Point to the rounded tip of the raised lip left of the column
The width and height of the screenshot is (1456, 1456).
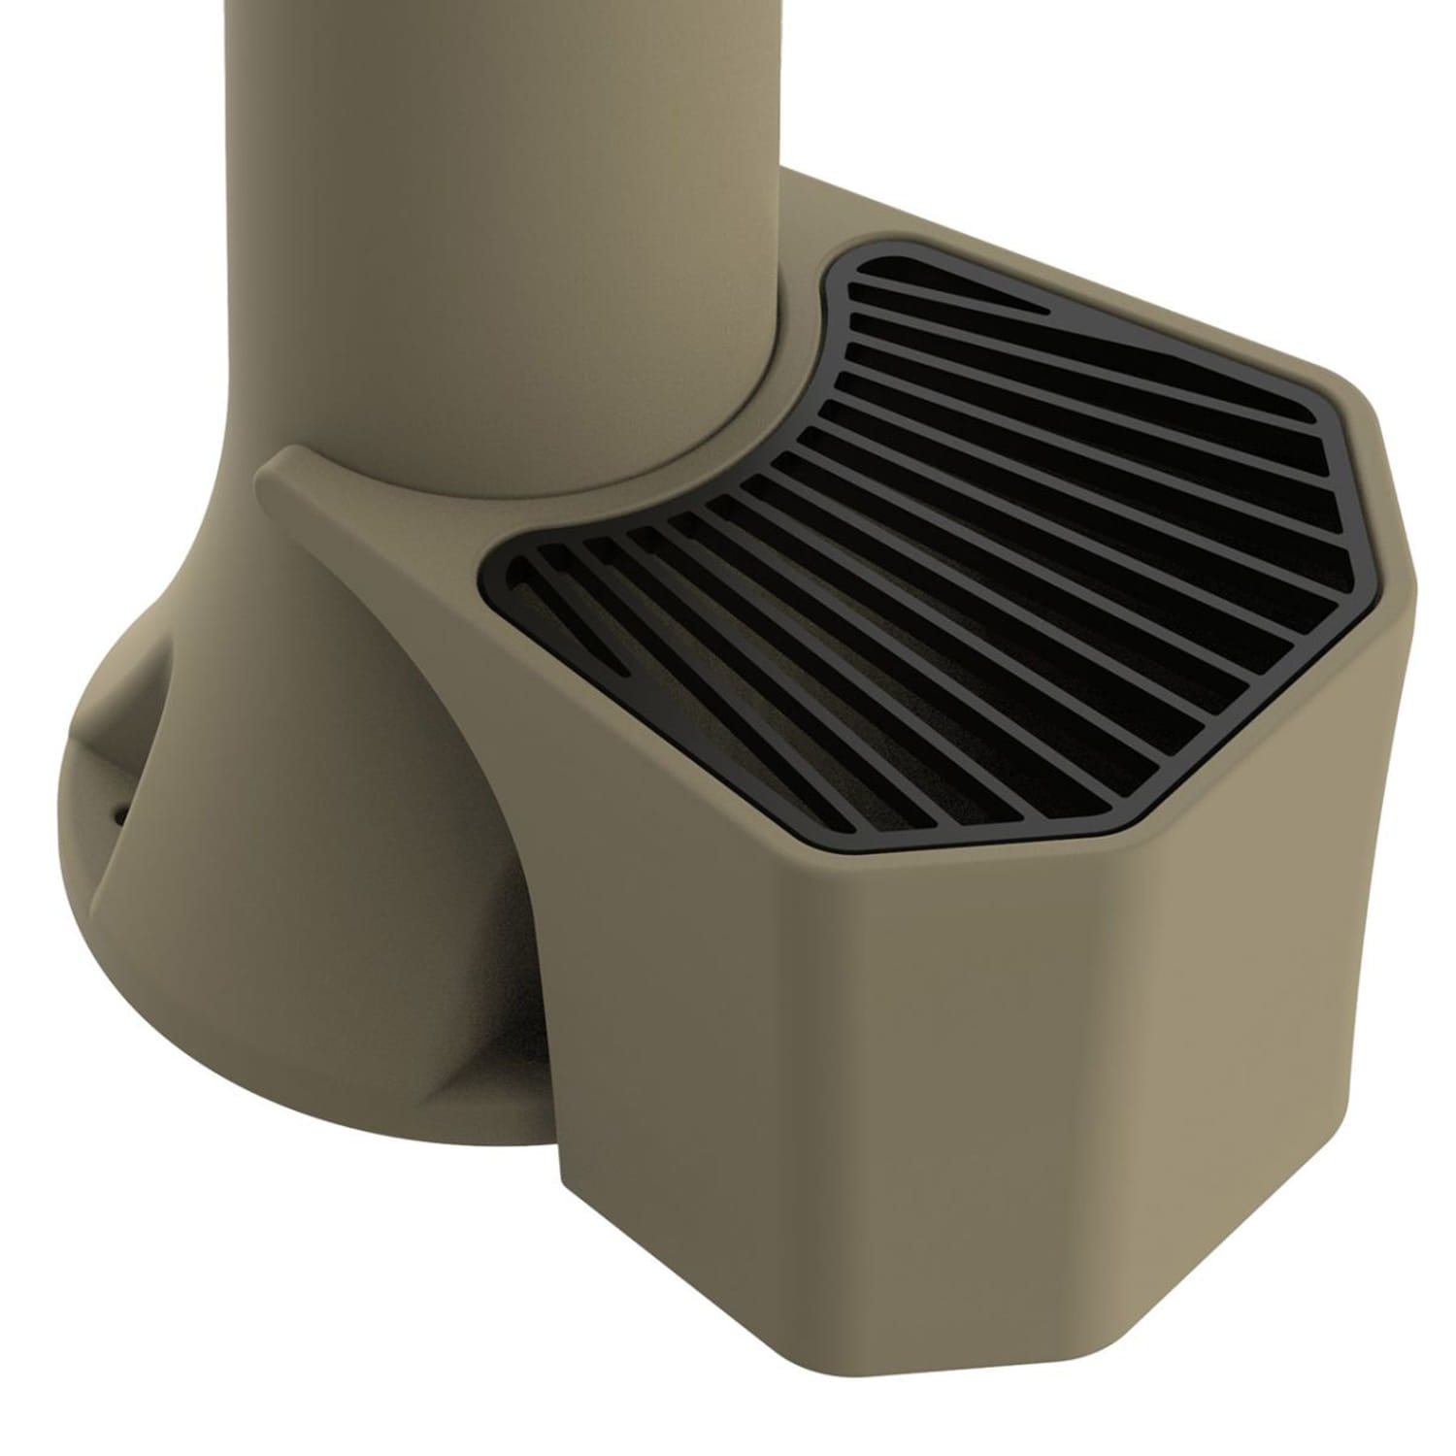pyautogui.click(x=272, y=466)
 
